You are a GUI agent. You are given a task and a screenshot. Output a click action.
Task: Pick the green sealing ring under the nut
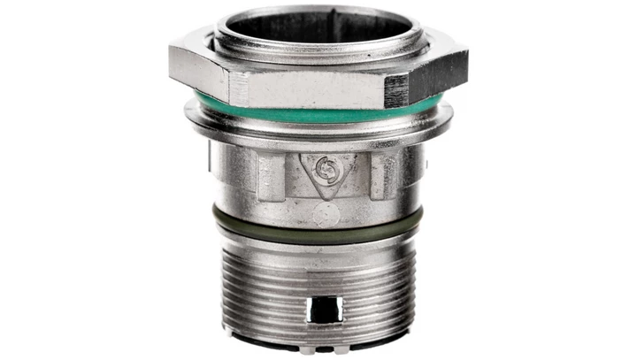tap(318, 114)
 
